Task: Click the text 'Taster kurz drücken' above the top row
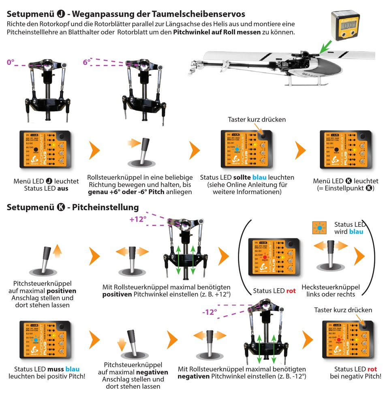[x=257, y=119]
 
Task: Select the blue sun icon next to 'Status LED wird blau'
[x=319, y=229]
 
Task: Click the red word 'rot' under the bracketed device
[x=291, y=290]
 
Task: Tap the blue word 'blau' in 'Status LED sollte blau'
[x=259, y=178]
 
